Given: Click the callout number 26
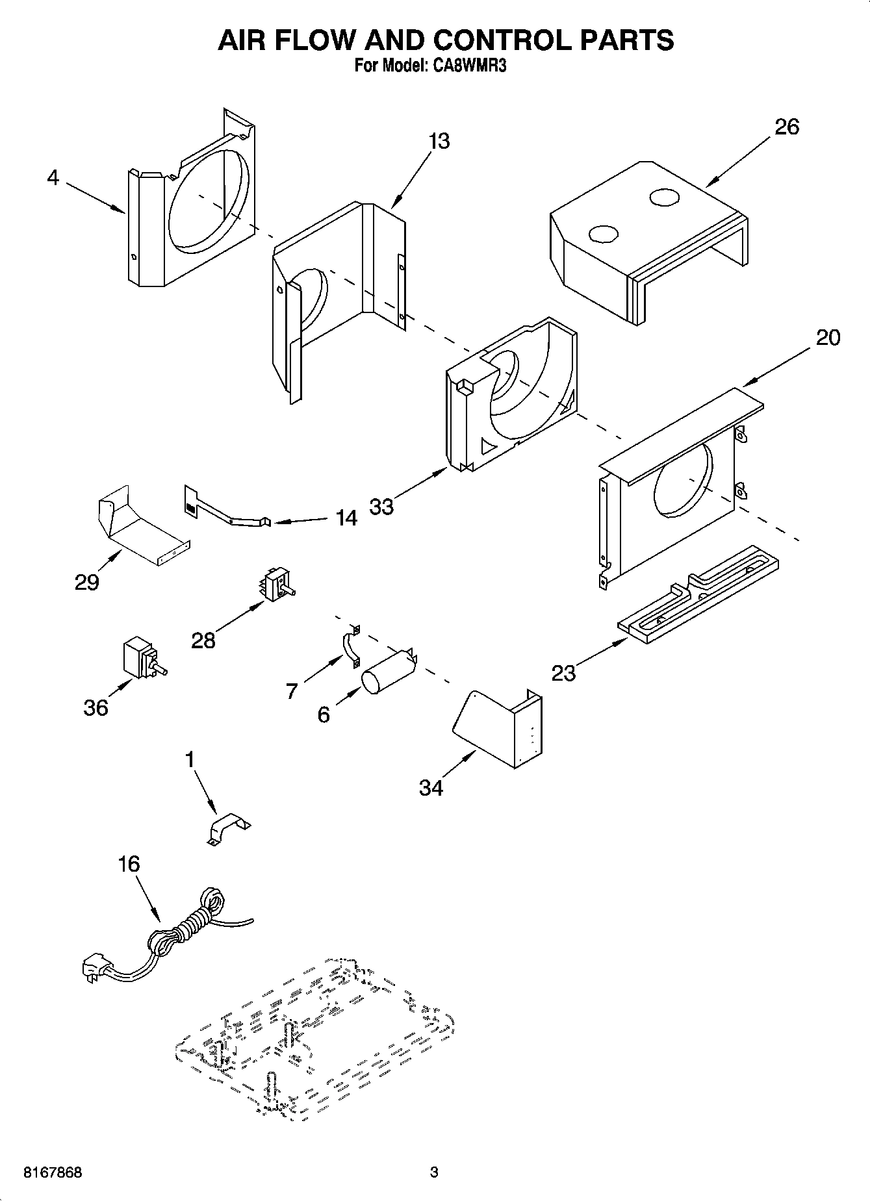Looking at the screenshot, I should coord(787,127).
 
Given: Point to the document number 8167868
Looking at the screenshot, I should coord(53,1173).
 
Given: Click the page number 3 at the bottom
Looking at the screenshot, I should coord(434,1173).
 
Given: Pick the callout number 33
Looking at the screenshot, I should coord(382,507).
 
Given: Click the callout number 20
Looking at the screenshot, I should coord(827,338).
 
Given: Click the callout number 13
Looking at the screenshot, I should coord(439,141).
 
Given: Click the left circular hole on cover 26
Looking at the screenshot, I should coord(602,234).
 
